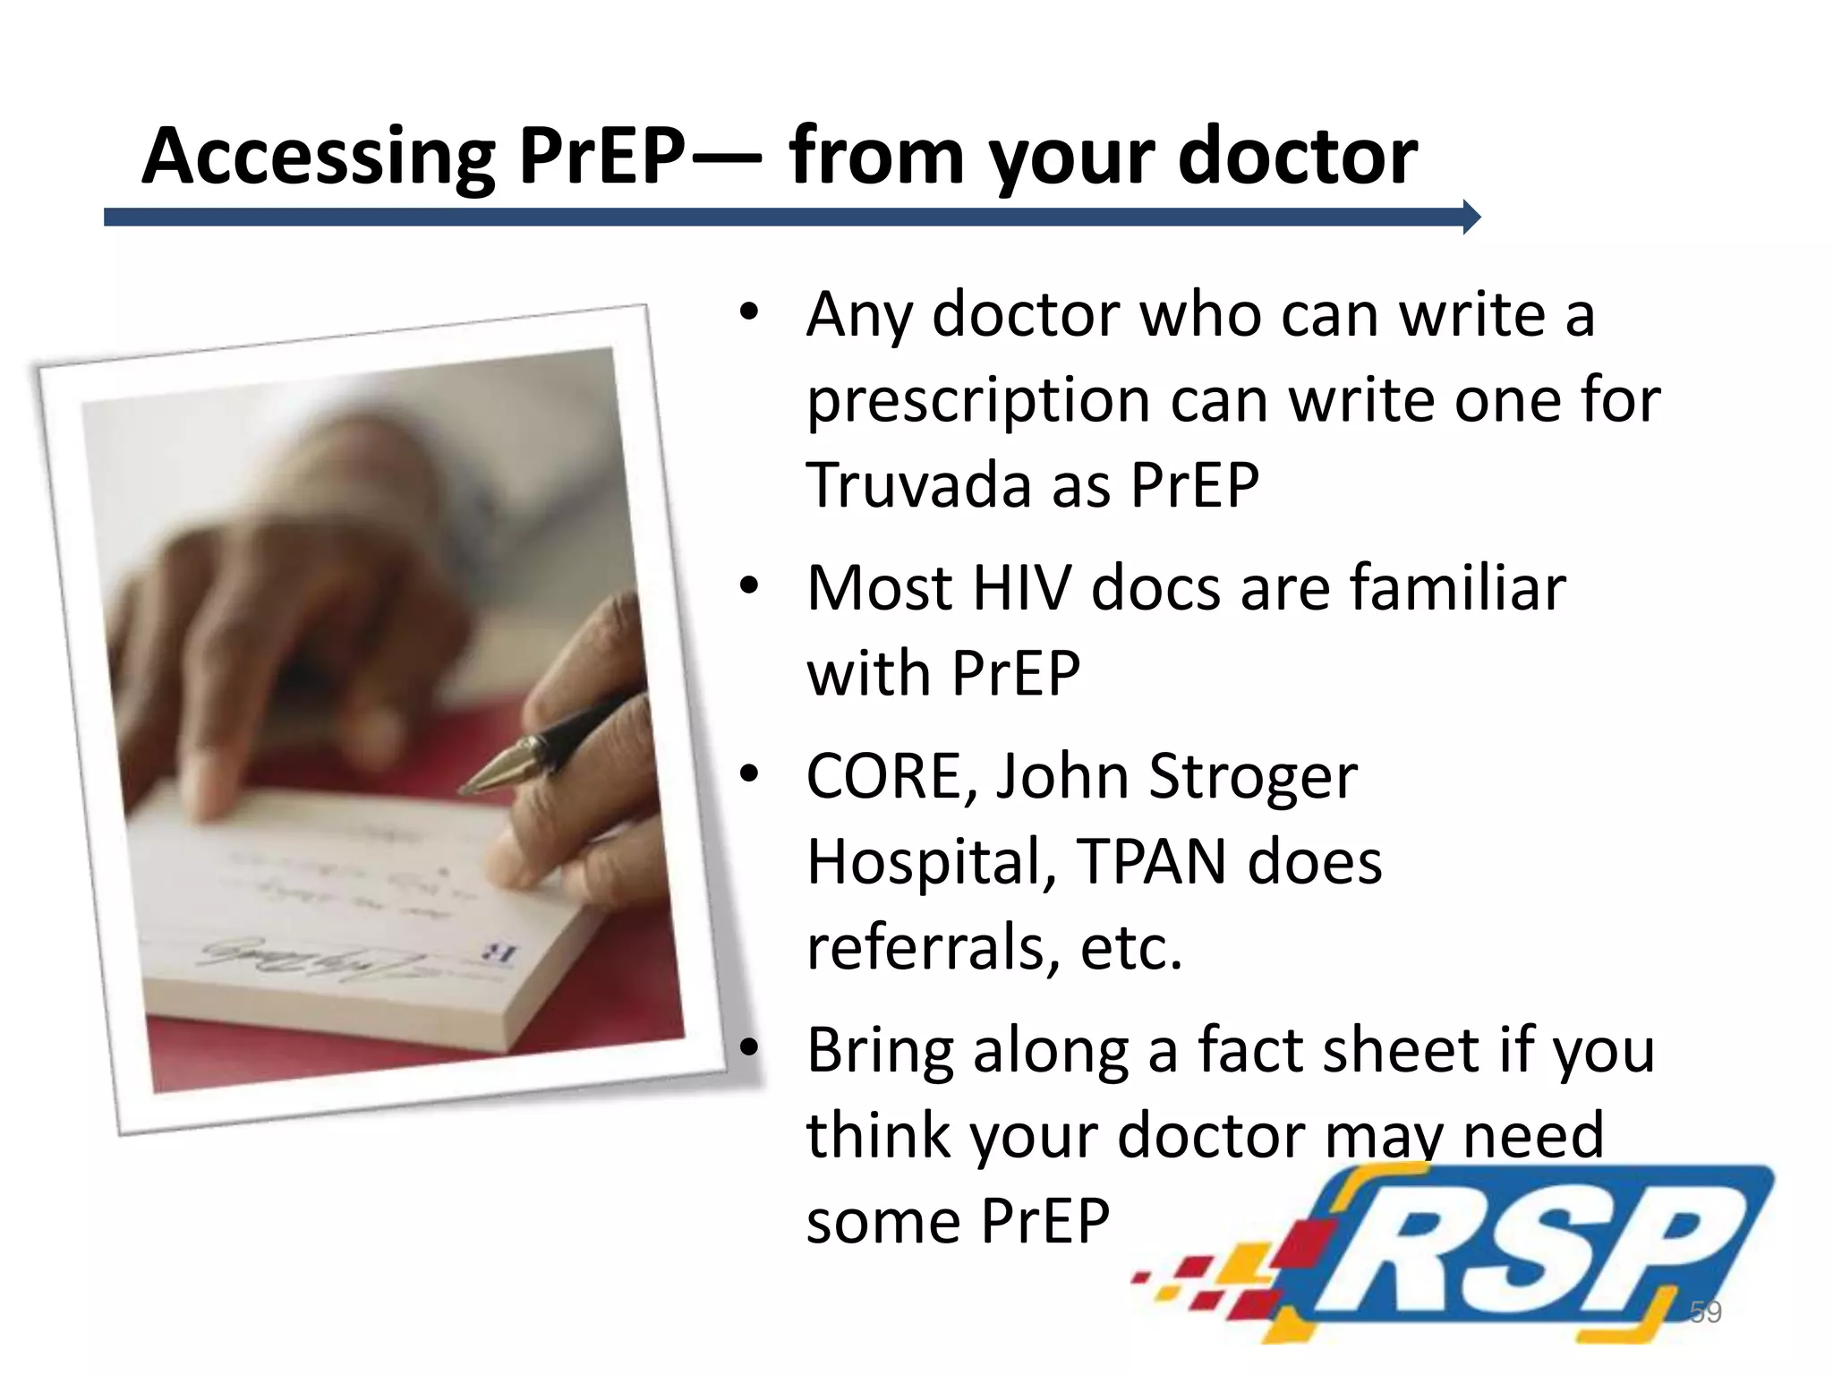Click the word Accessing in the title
coord(318,158)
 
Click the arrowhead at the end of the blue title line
coord(1471,217)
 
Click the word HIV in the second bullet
coord(1021,588)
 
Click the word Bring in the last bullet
coord(880,1052)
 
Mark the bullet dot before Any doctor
coord(749,314)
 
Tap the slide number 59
coord(1705,1312)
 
